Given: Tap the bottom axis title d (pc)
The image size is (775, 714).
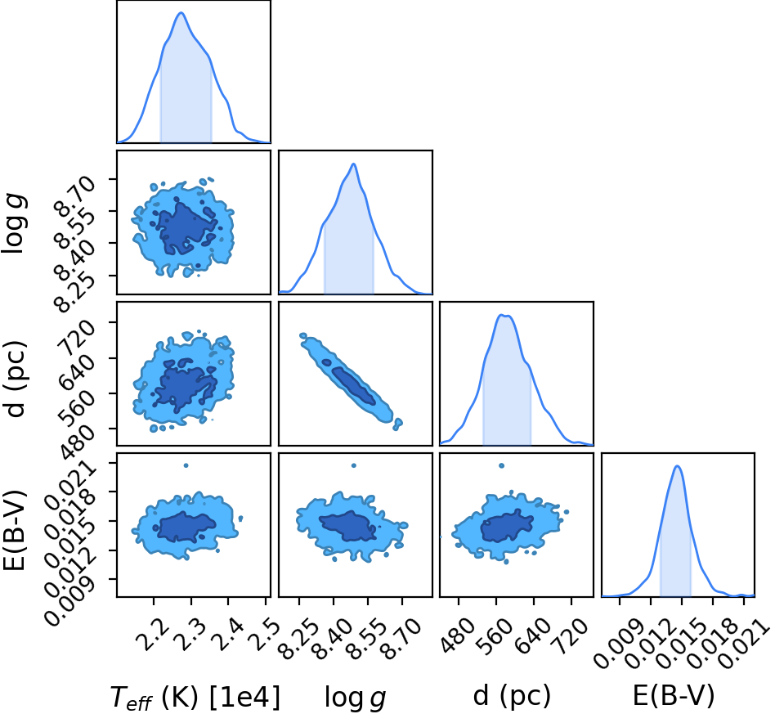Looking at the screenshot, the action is [512, 695].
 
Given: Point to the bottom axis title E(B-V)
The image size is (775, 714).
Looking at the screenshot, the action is [674, 696].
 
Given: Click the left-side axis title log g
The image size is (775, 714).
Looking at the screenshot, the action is [13, 223].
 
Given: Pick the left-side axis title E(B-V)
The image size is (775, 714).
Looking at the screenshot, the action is [14, 530].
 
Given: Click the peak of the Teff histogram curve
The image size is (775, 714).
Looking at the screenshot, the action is [181, 12].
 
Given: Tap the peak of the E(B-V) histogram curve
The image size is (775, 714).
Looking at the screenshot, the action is [677, 466].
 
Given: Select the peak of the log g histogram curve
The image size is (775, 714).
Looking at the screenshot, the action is [353, 164].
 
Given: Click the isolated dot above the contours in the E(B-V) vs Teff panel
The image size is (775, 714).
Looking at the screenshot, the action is [186, 465].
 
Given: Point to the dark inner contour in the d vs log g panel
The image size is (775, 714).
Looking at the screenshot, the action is [354, 386].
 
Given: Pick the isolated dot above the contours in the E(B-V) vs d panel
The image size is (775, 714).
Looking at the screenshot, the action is [502, 465].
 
